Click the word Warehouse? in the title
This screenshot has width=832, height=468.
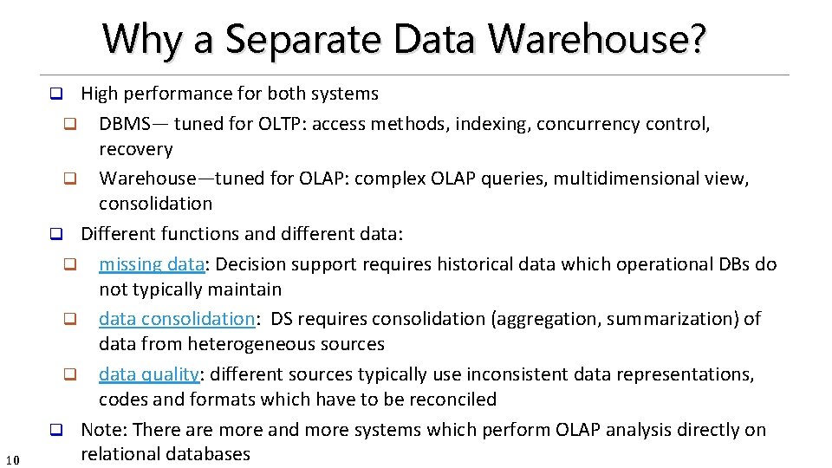pos(597,39)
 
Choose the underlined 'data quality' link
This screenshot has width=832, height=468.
pos(148,374)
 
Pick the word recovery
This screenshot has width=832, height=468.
pos(136,149)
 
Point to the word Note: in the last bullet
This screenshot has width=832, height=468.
pos(105,430)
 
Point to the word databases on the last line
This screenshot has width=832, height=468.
pos(208,453)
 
